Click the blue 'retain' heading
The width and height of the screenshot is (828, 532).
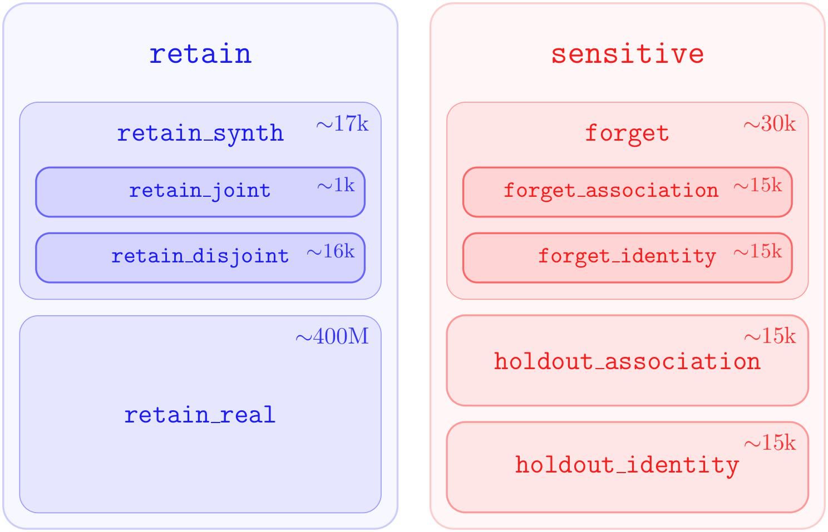click(x=200, y=54)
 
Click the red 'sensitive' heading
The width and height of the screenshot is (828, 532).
click(x=627, y=54)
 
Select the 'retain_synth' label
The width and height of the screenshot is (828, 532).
click(x=200, y=133)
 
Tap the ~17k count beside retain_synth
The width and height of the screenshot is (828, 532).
click(x=342, y=124)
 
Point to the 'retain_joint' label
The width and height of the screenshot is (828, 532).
click(x=200, y=191)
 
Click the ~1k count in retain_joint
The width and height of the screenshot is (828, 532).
click(x=336, y=185)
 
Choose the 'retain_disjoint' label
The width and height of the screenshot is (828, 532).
click(x=200, y=256)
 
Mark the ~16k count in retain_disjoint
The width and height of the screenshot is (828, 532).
click(x=330, y=251)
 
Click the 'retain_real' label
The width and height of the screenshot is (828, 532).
click(x=200, y=415)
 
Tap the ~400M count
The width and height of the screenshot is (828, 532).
click(x=332, y=336)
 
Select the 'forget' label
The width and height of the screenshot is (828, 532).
click(x=627, y=133)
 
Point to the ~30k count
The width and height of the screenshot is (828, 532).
click(x=770, y=124)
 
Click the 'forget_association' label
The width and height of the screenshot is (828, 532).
click(x=611, y=191)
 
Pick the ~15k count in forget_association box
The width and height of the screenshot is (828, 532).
click(x=757, y=185)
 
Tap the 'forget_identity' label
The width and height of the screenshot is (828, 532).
click(x=627, y=256)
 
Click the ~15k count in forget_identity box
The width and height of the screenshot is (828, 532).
click(x=757, y=251)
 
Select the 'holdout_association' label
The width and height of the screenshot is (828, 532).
click(x=627, y=362)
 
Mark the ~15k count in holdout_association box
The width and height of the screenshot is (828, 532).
click(x=770, y=336)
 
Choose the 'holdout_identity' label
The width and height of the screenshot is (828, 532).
click(x=627, y=465)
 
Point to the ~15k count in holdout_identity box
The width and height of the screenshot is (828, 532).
click(x=770, y=442)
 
